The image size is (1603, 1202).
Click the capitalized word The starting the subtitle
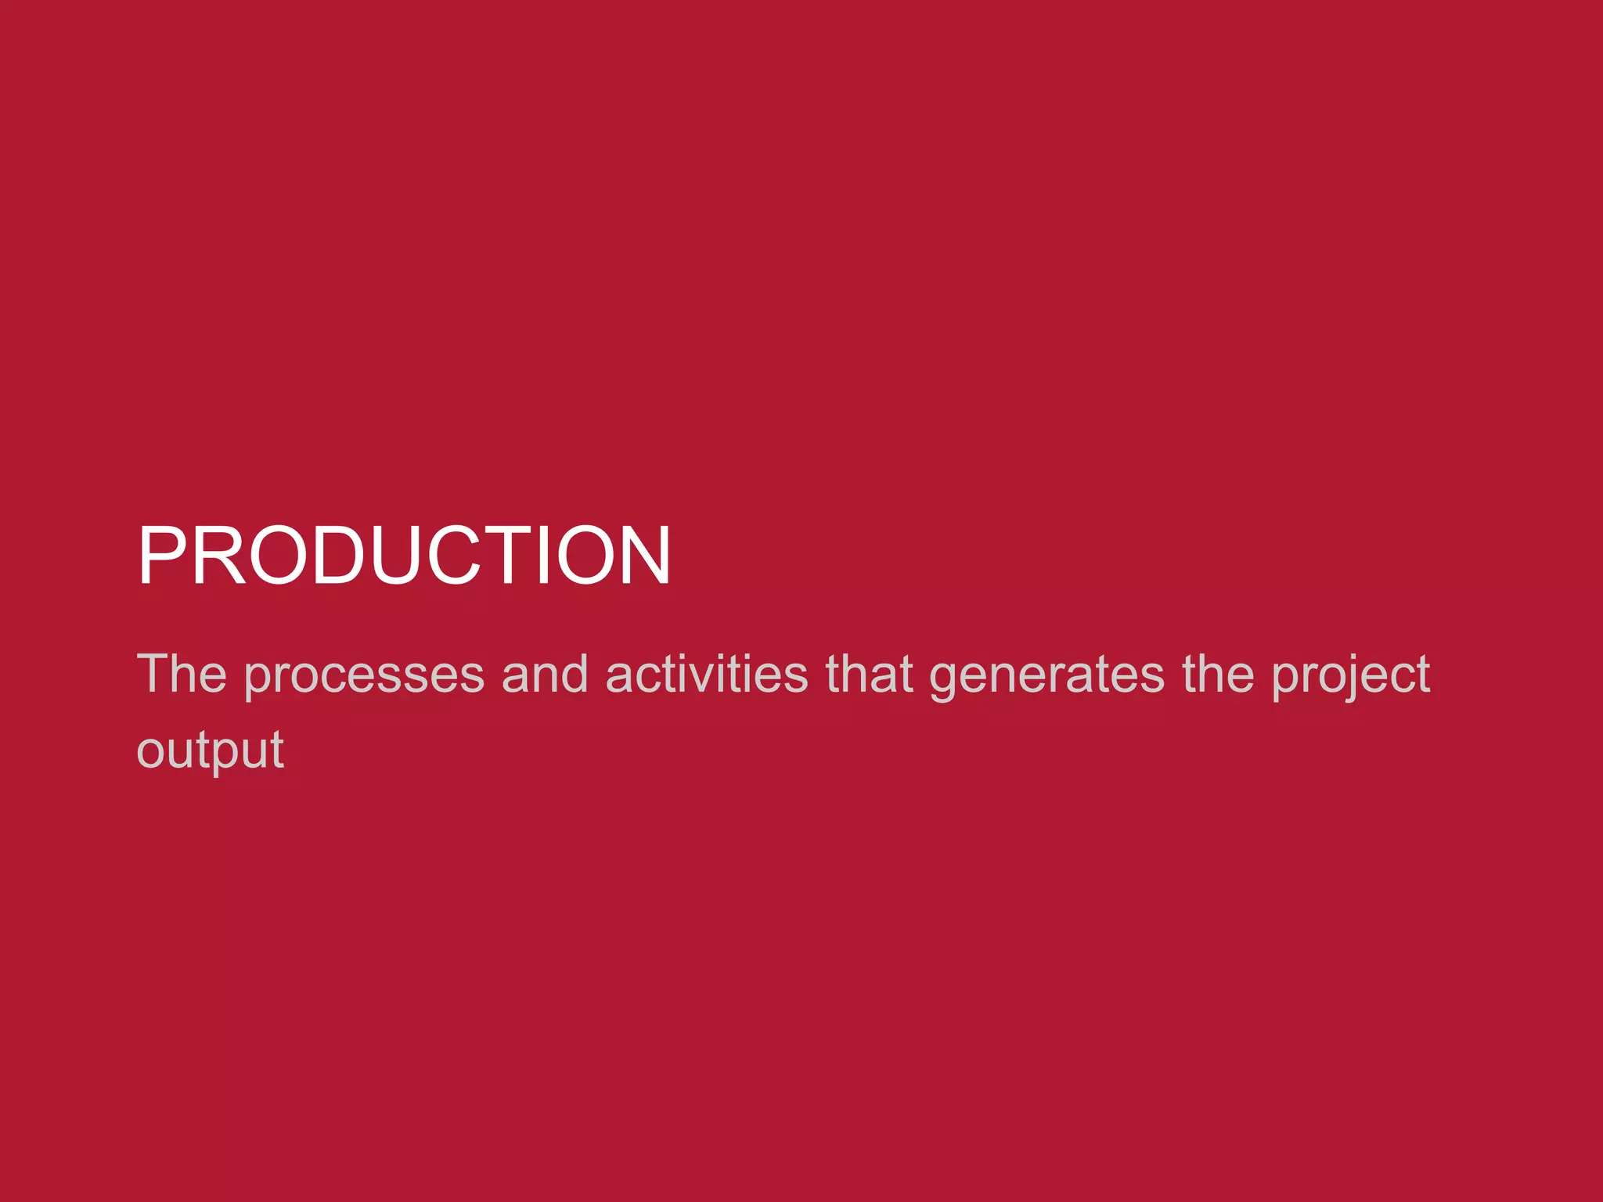(182, 674)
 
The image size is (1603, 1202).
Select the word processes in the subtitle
(364, 675)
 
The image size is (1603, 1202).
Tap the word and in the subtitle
(545, 674)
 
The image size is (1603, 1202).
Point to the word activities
(706, 674)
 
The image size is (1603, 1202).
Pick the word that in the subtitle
(869, 674)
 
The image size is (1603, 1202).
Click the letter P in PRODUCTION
(162, 555)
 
